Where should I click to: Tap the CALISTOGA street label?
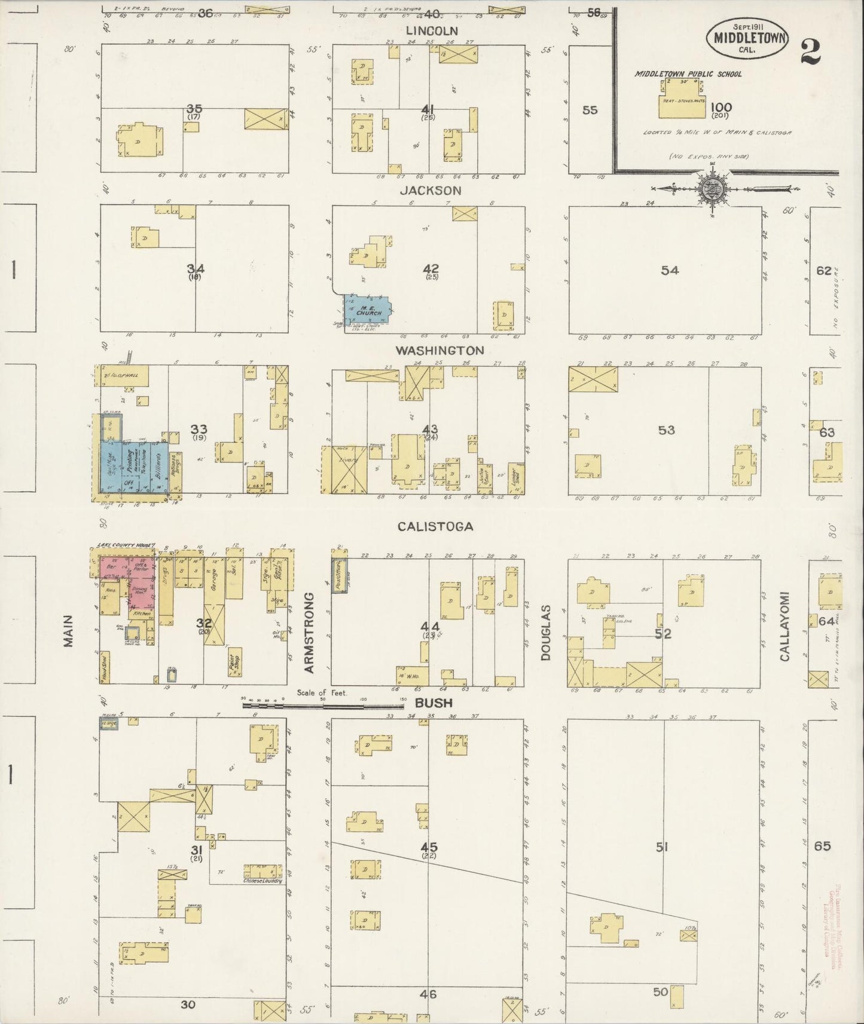(x=435, y=526)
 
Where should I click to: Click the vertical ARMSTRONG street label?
(x=309, y=633)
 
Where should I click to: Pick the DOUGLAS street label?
(x=545, y=632)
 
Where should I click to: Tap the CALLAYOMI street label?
(x=784, y=627)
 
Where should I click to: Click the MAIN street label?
(x=68, y=631)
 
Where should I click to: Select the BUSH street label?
(x=433, y=703)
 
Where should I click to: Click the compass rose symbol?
(x=712, y=188)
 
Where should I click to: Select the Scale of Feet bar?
(x=323, y=705)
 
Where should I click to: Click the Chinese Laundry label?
(x=262, y=881)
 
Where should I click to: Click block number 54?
(x=669, y=271)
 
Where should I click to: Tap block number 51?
(x=661, y=847)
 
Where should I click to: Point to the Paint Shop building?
(x=235, y=662)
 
